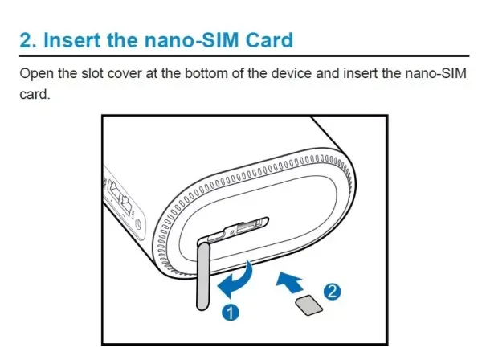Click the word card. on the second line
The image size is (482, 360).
(35, 94)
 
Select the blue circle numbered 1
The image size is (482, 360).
(231, 313)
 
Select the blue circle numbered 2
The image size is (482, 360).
(332, 291)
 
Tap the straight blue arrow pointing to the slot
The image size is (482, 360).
(290, 282)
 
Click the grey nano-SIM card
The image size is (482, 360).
(309, 305)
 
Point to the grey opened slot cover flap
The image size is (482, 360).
(203, 276)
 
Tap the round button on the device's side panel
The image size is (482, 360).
(139, 224)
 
